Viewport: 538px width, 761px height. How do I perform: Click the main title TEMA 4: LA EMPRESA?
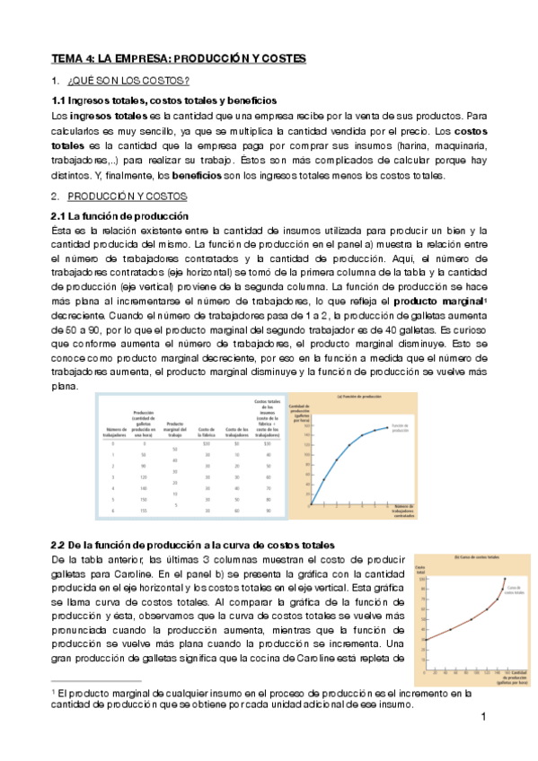click(x=178, y=58)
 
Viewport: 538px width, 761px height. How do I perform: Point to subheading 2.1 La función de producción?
click(x=119, y=216)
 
